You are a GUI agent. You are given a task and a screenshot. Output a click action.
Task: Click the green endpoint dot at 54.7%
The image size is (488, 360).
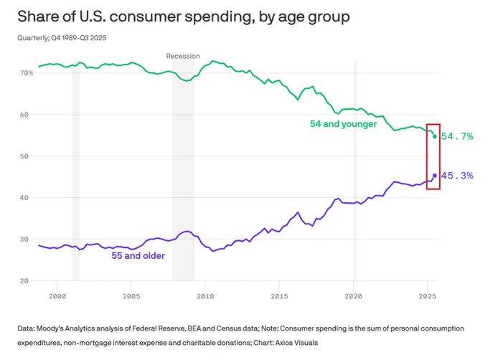point(435,136)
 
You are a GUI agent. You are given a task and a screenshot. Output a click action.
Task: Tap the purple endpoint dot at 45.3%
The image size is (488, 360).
point(435,176)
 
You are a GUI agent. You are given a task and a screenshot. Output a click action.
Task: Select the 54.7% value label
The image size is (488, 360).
point(457,136)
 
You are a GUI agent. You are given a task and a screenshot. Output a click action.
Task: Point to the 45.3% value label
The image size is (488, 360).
point(457,176)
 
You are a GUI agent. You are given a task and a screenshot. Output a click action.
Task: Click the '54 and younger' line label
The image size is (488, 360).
point(343,124)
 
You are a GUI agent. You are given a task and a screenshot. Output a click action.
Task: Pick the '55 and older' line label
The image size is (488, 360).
point(139,255)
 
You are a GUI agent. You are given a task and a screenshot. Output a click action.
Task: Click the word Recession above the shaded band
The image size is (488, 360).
point(183,56)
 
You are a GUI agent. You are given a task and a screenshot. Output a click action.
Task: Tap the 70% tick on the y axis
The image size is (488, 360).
point(27,73)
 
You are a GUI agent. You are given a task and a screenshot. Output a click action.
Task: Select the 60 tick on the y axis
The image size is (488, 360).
point(24,115)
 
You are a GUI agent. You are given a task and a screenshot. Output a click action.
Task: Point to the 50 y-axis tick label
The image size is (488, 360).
point(24,156)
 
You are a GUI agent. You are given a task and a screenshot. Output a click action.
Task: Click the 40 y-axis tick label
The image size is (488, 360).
point(24,198)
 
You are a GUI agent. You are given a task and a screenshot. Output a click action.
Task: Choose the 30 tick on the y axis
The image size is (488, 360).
point(24,240)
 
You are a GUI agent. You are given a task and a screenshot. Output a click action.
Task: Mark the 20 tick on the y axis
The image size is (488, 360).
point(24,281)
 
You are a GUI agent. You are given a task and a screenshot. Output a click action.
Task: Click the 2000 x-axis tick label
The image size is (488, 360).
point(57,297)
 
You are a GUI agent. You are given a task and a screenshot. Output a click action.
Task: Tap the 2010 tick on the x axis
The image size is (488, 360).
point(205,297)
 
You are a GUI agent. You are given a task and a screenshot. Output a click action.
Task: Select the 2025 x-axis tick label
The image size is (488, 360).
point(427,297)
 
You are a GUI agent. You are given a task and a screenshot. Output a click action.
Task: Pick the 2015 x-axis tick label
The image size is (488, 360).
point(279,297)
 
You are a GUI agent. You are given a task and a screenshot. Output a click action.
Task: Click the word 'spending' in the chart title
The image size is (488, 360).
point(217,17)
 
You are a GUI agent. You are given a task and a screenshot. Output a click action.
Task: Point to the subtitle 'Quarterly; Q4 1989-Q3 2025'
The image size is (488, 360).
point(62,38)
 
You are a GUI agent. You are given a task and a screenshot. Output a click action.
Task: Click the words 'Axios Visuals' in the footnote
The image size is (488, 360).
point(296,343)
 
